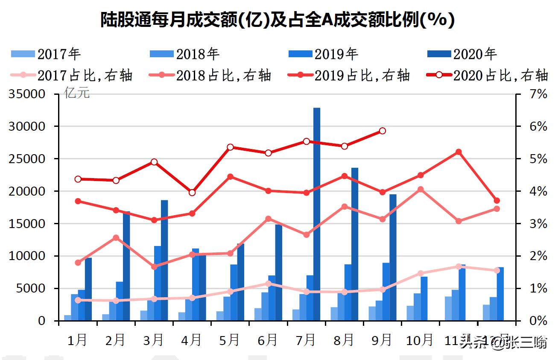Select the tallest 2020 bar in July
[317, 214]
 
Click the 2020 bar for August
[355, 243]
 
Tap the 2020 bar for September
[393, 256]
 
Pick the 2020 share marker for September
[383, 131]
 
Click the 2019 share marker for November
[459, 152]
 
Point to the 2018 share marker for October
[421, 189]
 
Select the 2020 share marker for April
[192, 193]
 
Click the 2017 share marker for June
[268, 284]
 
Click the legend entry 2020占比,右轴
[487, 75]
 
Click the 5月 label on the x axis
[229, 340]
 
